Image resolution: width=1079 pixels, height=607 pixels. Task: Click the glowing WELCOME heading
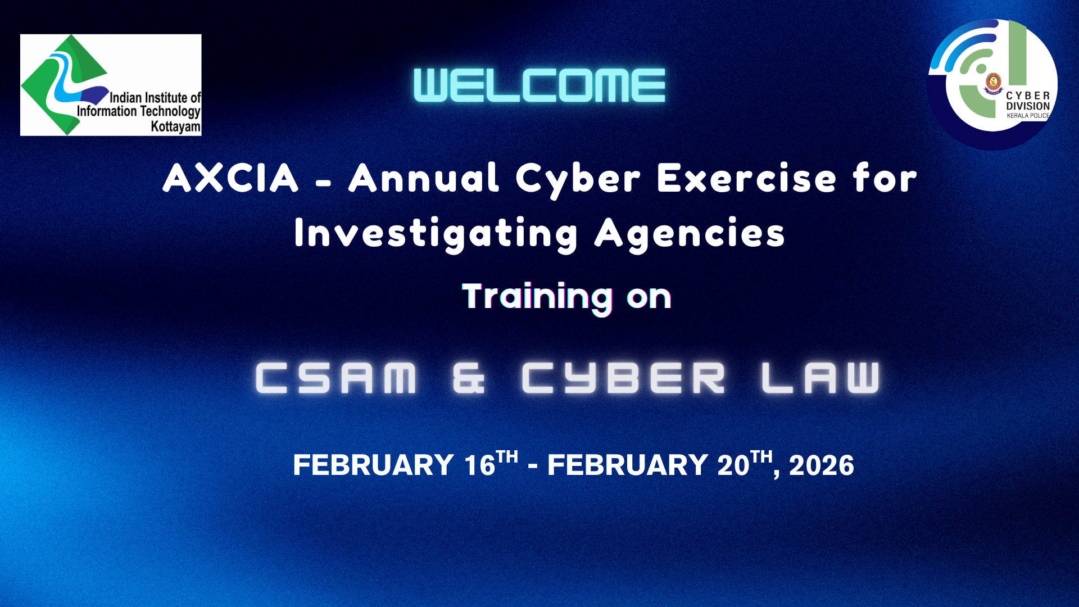[539, 85]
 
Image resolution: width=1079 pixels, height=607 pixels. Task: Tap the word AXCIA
[230, 178]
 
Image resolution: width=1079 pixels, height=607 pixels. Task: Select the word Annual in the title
[424, 178]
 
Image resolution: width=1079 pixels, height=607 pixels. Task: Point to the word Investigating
[436, 234]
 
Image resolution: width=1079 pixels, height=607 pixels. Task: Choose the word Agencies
[690, 234]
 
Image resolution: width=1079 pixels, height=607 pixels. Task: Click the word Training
[537, 297]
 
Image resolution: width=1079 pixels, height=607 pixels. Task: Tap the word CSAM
[336, 378]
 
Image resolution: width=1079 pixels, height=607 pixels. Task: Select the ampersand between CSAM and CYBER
[469, 378]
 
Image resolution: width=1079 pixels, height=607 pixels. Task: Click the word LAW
[820, 378]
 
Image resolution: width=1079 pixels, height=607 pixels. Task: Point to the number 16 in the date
[479, 465]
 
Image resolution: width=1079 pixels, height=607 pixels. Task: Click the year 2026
[822, 465]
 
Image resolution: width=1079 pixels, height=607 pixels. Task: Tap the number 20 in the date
[733, 465]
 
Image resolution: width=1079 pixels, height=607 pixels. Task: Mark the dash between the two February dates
[533, 467]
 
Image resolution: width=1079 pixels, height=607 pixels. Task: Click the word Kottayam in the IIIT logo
[175, 126]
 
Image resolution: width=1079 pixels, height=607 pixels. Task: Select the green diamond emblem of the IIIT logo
[65, 84]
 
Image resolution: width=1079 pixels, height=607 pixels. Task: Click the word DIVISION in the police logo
[1028, 106]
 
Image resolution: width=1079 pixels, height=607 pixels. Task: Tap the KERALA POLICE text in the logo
[1028, 116]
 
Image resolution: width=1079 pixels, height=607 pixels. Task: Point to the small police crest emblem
[994, 83]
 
